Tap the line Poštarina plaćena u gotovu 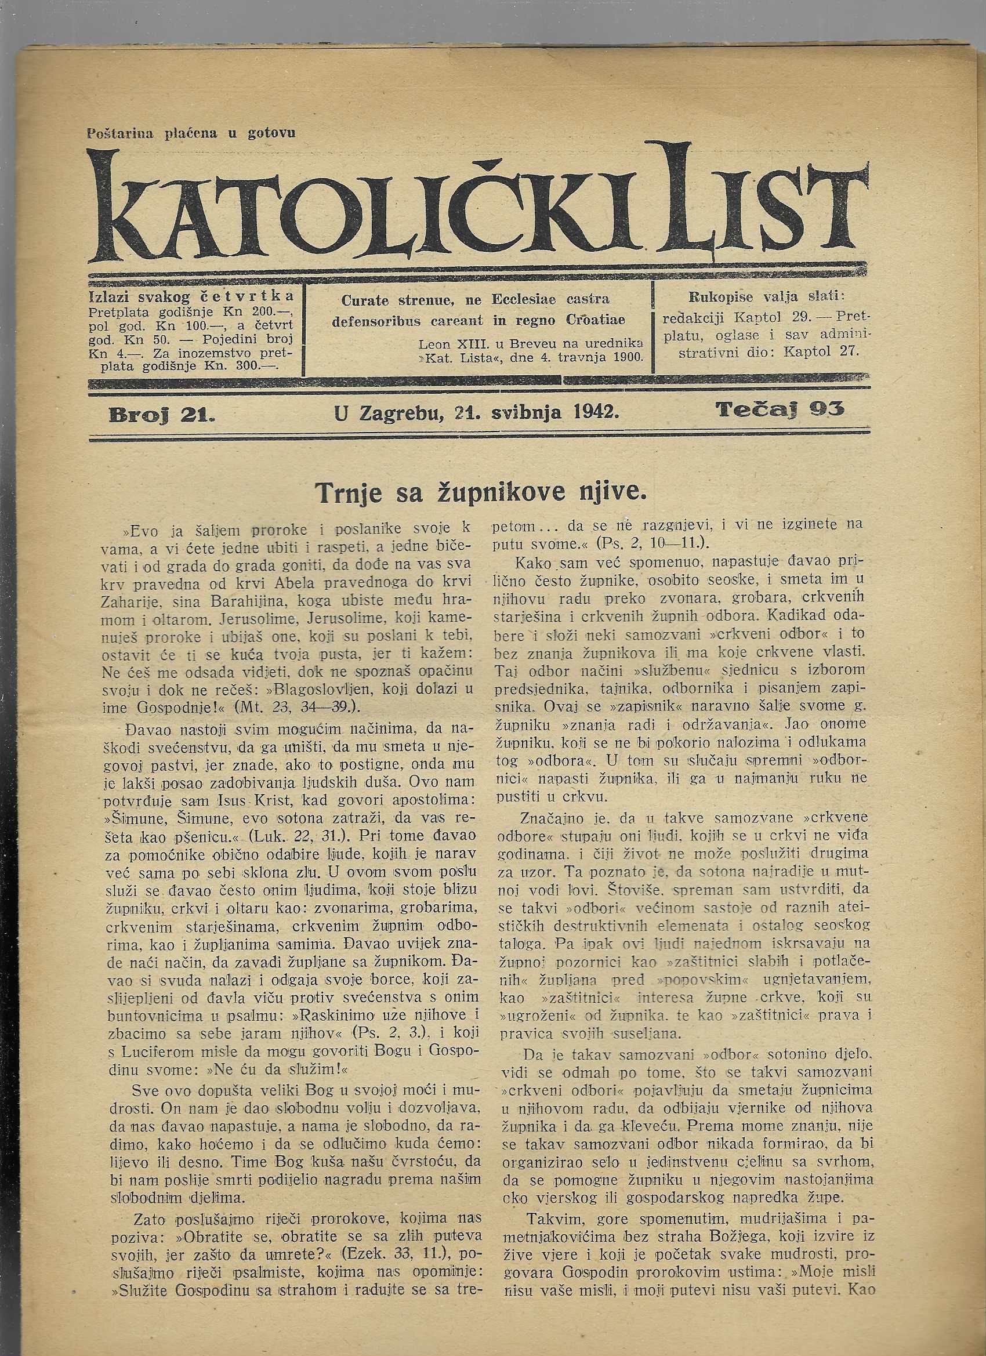pyautogui.click(x=191, y=134)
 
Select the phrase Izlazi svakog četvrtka pyautogui.click(x=191, y=296)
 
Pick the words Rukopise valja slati pyautogui.click(x=767, y=296)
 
